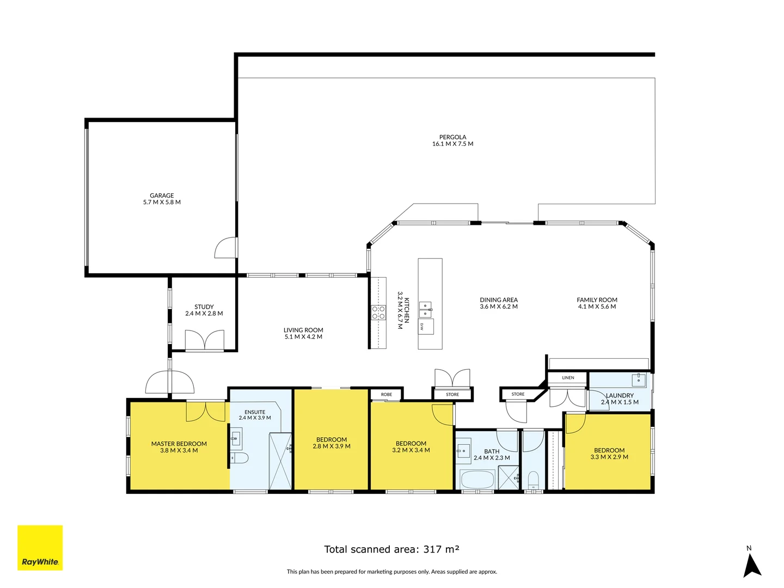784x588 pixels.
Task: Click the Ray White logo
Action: pyautogui.click(x=40, y=548)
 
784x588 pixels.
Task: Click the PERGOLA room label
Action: pyautogui.click(x=452, y=137)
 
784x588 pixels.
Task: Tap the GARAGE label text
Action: pyautogui.click(x=162, y=195)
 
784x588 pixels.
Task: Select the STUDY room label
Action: pyautogui.click(x=204, y=307)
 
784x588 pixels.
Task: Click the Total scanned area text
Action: pyautogui.click(x=391, y=549)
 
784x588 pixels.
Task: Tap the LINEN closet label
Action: pyautogui.click(x=568, y=378)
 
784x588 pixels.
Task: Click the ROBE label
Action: pyautogui.click(x=387, y=394)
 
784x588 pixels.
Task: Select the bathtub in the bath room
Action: pyautogui.click(x=477, y=480)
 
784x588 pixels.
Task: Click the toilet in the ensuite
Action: pyautogui.click(x=239, y=457)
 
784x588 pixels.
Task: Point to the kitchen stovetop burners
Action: pyautogui.click(x=378, y=313)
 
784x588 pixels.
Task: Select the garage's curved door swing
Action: pyautogui.click(x=225, y=248)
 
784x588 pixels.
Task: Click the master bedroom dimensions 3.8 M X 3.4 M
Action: pyautogui.click(x=179, y=451)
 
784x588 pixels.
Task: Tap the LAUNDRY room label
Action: pyautogui.click(x=620, y=395)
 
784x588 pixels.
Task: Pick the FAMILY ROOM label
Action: pyautogui.click(x=597, y=300)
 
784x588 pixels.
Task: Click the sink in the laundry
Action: pyautogui.click(x=638, y=379)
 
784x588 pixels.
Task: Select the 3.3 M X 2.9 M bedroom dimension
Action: pyautogui.click(x=609, y=457)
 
